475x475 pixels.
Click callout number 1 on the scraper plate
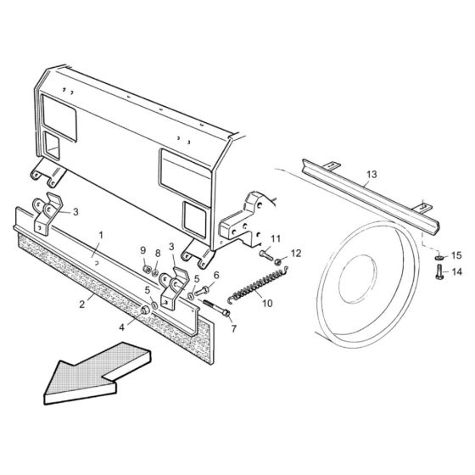(102, 233)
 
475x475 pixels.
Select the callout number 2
(83, 303)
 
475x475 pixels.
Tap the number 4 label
(120, 327)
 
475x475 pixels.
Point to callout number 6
(216, 275)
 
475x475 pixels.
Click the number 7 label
(235, 328)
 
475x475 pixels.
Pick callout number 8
(158, 254)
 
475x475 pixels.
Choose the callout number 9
(143, 250)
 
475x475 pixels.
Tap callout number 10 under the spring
(268, 302)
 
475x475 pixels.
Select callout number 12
(296, 253)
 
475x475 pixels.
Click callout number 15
(455, 254)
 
